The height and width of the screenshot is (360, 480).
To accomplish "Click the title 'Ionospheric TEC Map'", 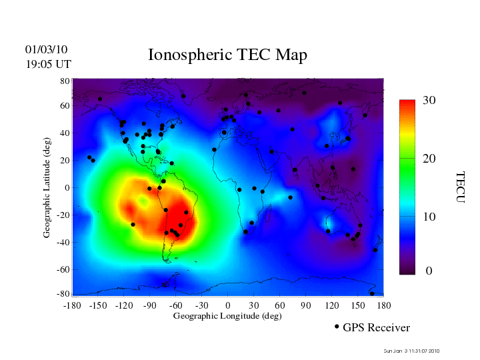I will click(x=227, y=55).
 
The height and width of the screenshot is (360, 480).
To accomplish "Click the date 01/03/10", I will click(x=47, y=49).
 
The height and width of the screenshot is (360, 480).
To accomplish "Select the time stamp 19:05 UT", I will click(x=49, y=64).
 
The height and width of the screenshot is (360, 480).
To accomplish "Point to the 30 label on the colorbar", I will click(x=429, y=100).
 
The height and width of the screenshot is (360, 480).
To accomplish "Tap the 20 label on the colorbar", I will click(x=429, y=159).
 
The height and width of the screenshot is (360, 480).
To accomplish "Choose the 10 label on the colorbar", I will click(x=429, y=217).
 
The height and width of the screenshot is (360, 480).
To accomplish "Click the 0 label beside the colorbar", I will click(x=429, y=271).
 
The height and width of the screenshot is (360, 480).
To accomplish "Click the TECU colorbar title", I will click(x=460, y=187).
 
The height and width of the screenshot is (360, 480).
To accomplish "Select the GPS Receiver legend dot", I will click(x=337, y=327).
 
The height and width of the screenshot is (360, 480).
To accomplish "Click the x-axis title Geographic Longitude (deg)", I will click(x=227, y=316).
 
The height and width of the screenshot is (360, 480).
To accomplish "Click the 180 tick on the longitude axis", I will click(x=384, y=305).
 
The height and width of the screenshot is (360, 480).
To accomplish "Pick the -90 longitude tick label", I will click(x=150, y=305).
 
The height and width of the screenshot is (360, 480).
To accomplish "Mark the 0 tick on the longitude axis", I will click(x=228, y=305).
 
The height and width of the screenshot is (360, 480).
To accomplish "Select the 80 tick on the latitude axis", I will click(x=65, y=80).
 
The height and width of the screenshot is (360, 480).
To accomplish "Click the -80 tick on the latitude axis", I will click(x=63, y=294).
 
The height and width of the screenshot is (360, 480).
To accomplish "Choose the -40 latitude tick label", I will click(x=63, y=242).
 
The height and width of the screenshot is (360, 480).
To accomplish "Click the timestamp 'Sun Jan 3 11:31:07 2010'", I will click(x=412, y=351).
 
